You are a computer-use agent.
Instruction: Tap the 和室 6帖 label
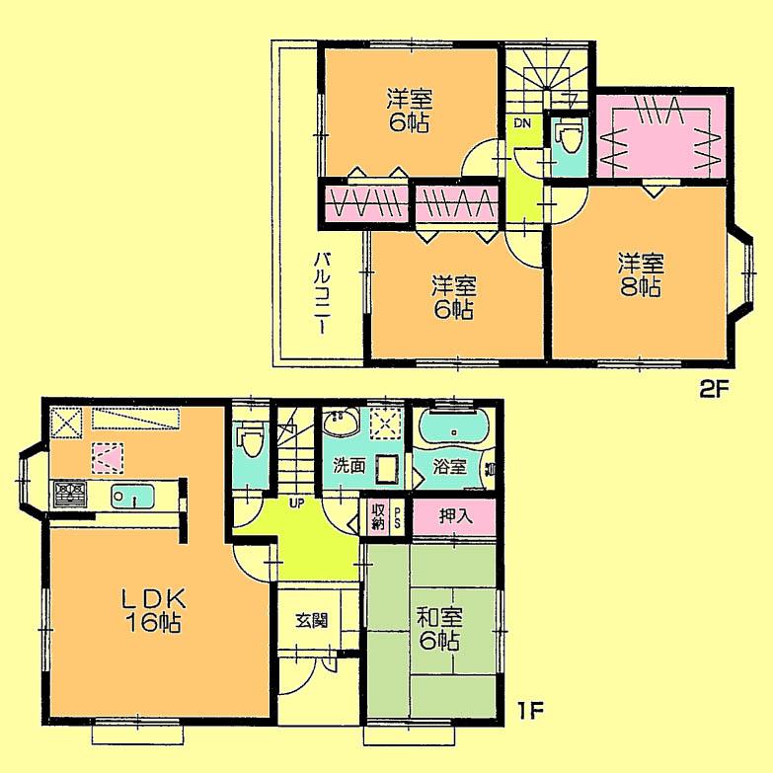pos(435,629)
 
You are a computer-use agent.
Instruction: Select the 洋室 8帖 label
pos(641,275)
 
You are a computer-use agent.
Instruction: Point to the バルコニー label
pos(322,293)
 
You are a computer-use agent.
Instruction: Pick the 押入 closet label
pos(455,514)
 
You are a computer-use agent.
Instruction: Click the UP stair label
pos(295,501)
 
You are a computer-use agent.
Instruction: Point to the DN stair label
pos(521,123)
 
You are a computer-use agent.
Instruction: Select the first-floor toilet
pos(249,440)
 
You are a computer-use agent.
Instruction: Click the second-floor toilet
pos(568,141)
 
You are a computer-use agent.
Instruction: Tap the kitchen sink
pos(130,495)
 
